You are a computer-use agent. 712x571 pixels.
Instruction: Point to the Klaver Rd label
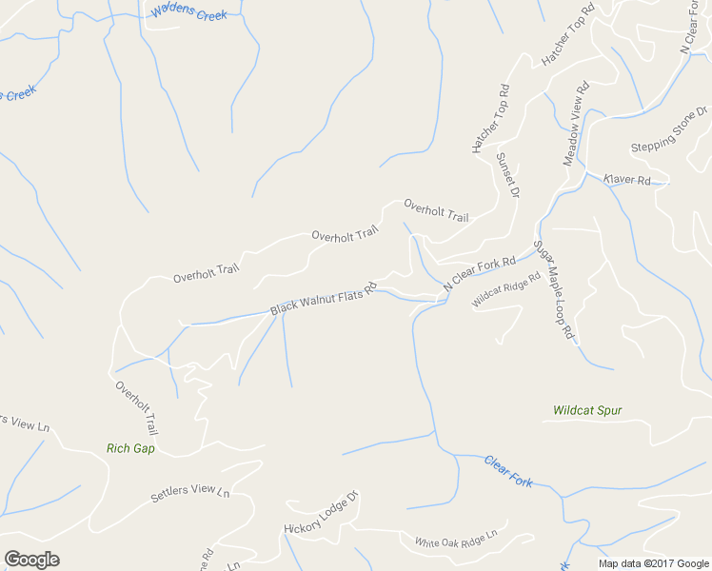[x=626, y=179]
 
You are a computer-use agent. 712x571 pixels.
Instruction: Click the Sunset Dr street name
[x=507, y=174]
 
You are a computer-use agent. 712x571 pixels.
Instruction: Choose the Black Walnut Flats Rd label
[x=324, y=298]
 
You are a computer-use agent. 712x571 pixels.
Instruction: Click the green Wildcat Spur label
[x=587, y=411]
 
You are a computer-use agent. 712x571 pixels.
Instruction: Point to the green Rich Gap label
[x=131, y=448]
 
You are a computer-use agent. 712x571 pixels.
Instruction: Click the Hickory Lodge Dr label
[x=320, y=513]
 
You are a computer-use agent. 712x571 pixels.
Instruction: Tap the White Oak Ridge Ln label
[x=456, y=540]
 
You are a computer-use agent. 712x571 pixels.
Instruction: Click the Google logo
[x=31, y=560]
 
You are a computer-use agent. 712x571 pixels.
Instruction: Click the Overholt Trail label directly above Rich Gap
[x=137, y=408]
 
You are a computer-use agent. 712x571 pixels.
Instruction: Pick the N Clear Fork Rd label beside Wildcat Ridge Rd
[x=479, y=273]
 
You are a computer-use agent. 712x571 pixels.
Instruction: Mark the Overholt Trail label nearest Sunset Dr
[x=436, y=210]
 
